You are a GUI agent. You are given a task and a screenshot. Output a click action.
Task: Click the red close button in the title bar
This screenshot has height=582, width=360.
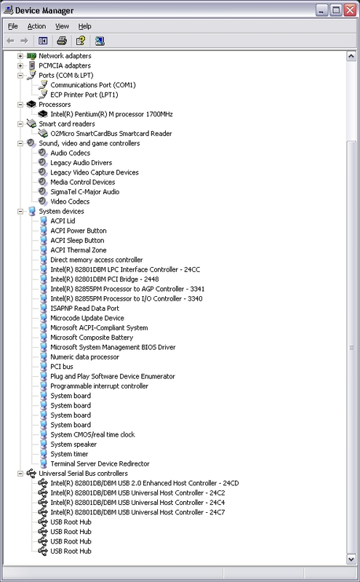[x=350, y=10]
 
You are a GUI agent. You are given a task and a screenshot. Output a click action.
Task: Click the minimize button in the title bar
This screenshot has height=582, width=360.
[x=321, y=10]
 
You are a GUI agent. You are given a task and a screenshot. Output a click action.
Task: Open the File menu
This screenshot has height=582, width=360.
[x=12, y=26]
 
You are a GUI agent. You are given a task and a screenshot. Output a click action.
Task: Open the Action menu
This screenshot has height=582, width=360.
[x=36, y=26]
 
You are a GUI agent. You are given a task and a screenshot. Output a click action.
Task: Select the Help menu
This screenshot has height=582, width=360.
[x=84, y=26]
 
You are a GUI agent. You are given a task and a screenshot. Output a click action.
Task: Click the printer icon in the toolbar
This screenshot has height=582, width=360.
[x=62, y=41]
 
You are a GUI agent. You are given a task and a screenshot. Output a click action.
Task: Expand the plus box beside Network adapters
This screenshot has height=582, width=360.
[x=20, y=56]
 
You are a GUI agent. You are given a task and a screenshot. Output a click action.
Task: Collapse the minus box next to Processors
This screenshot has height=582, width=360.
[x=20, y=105]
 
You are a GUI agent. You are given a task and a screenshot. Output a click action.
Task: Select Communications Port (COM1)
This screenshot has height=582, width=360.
[x=93, y=85]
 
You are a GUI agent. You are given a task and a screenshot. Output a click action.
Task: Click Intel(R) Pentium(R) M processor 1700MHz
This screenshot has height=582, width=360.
[x=111, y=114]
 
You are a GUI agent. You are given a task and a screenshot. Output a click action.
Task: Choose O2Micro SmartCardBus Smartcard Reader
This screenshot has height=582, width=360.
[x=111, y=134]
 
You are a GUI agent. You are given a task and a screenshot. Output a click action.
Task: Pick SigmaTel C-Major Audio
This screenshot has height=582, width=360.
[x=84, y=192]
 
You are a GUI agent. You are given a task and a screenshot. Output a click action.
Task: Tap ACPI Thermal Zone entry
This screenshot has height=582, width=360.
[x=79, y=250]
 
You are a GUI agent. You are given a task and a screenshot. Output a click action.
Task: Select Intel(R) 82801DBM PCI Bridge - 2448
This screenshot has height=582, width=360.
[x=104, y=279]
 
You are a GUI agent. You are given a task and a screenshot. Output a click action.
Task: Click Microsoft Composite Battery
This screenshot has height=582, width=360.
[x=92, y=338]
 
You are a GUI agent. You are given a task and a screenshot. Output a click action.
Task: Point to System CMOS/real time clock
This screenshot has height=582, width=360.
[x=92, y=434]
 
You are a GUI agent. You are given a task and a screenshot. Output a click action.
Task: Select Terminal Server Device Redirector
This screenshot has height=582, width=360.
[x=100, y=463]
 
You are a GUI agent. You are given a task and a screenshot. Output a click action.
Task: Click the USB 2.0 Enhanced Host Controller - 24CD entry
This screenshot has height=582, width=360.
[x=145, y=483]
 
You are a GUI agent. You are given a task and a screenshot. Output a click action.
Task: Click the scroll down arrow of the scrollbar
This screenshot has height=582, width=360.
[x=351, y=559]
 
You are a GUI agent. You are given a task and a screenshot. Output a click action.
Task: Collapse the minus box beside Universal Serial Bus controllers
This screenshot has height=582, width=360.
[x=20, y=474]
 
